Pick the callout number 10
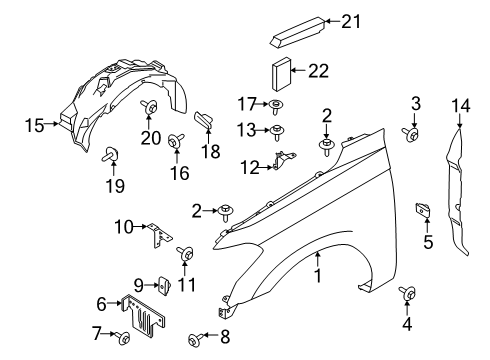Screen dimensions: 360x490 coord(121,228)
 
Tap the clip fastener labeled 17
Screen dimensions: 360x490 coord(275,105)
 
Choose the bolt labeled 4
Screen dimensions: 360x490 coord(408,293)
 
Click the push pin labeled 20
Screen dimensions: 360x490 coord(148,107)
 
